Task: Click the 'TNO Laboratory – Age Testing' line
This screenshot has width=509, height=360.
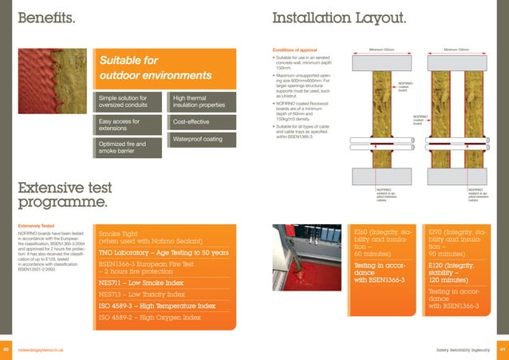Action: (x=164, y=253)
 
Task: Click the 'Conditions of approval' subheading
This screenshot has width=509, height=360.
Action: (x=296, y=51)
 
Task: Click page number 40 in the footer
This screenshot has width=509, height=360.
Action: (x=6, y=350)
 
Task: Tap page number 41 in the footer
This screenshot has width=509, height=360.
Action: (x=502, y=350)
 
